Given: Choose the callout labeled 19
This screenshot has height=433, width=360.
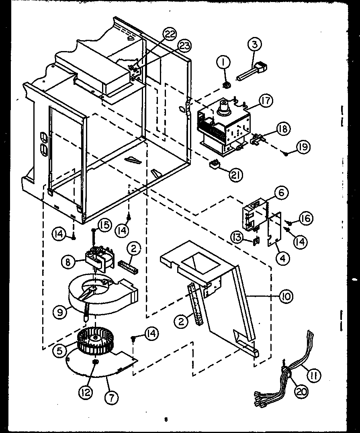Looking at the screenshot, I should click(x=303, y=147).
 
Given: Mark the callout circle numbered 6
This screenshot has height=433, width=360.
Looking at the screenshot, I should click(x=281, y=193).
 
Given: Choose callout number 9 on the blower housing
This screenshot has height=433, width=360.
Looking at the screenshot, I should click(x=60, y=313).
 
